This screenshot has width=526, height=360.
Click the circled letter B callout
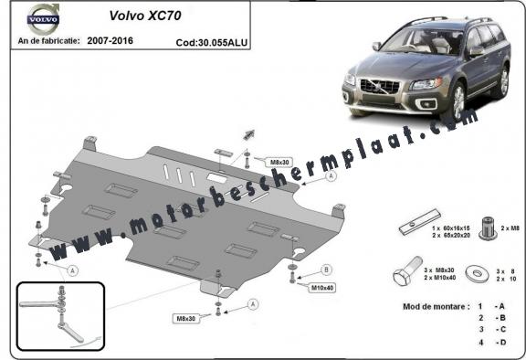[327, 270]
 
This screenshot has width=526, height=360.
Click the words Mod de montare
[421, 306]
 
